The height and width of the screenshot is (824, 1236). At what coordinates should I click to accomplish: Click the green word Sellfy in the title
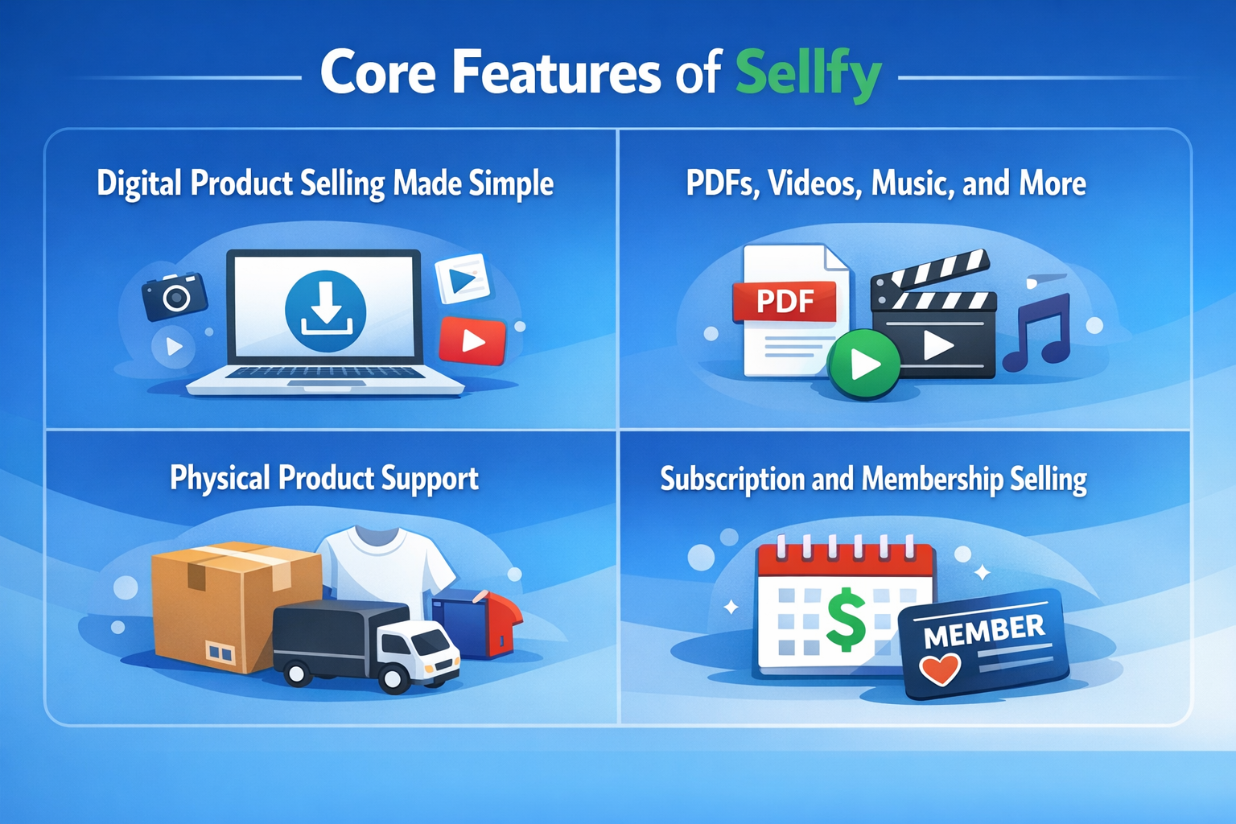808,74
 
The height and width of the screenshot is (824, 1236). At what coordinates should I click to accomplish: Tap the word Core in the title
378,74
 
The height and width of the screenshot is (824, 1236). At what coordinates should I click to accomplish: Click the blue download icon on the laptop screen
326,311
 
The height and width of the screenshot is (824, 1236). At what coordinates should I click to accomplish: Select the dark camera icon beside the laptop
175,296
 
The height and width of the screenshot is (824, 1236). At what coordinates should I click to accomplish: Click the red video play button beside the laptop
472,341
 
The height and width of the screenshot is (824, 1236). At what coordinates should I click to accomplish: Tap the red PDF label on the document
785,302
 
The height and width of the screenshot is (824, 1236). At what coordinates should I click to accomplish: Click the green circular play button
864,364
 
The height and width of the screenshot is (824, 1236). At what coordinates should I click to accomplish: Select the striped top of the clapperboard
933,274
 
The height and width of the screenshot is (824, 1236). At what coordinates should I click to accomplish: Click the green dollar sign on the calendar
846,620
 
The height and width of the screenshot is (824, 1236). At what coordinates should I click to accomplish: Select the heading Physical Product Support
324,479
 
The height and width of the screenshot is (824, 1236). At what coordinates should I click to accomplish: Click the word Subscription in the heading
732,480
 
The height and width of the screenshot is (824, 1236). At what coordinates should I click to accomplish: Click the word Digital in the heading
139,183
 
